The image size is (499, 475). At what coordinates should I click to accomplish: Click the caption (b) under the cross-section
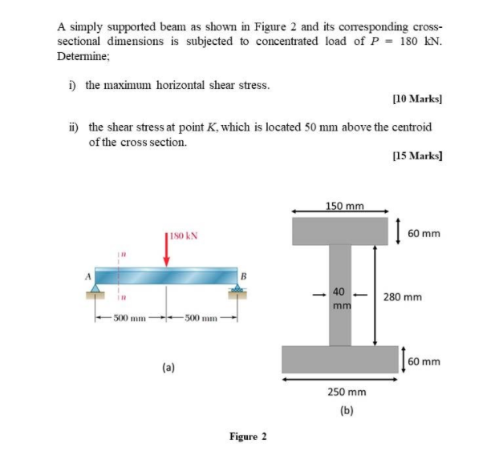click(x=346, y=410)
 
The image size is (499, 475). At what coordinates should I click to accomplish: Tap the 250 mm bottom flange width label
click(x=347, y=392)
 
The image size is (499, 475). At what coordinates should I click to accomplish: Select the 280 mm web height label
click(x=403, y=296)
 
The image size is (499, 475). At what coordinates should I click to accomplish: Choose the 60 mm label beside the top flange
click(x=424, y=234)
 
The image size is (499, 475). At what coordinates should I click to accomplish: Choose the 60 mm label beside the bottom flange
click(x=424, y=361)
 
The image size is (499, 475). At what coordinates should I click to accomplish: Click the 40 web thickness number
click(x=340, y=292)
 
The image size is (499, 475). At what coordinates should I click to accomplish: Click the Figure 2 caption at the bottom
click(x=248, y=437)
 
